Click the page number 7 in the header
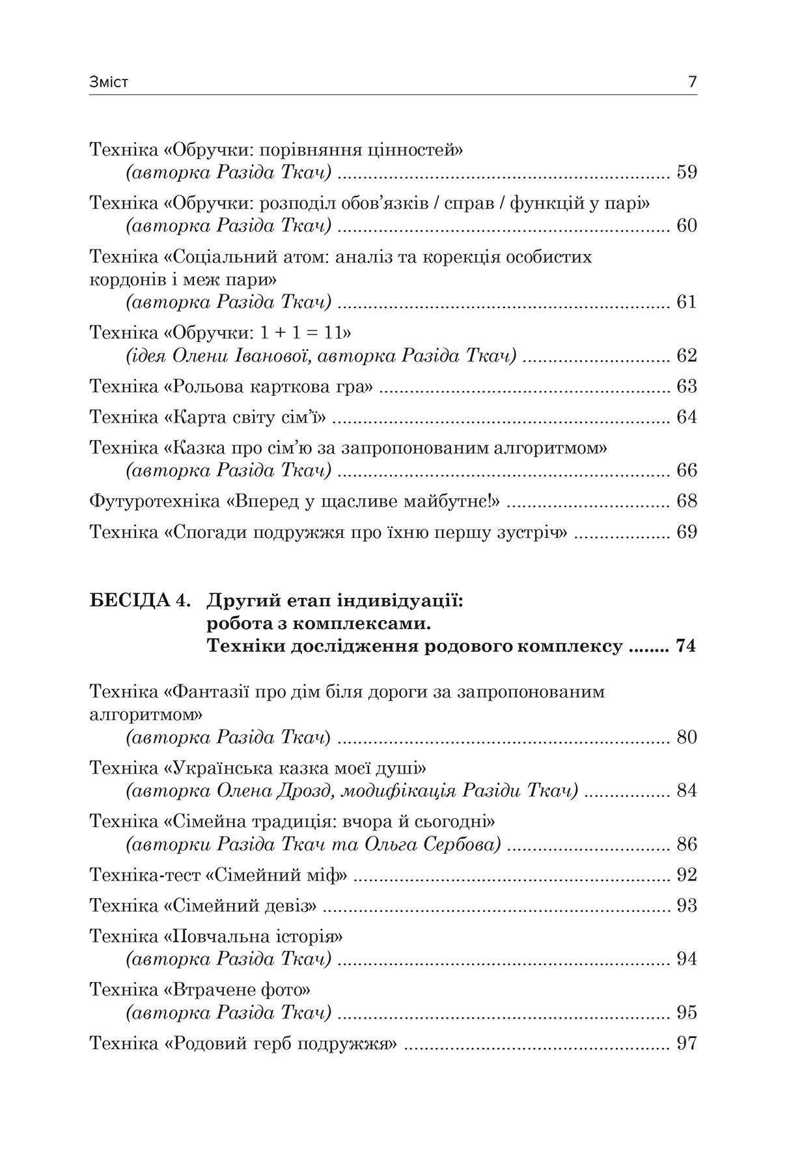[692, 83]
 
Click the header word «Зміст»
[109, 83]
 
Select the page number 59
[687, 173]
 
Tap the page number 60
[687, 226]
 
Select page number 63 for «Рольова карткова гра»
[687, 386]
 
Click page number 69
[687, 532]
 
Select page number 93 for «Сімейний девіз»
[687, 906]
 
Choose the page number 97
[687, 1044]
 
